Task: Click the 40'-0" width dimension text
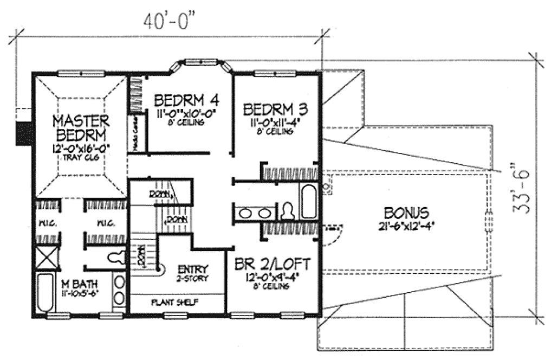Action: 168,21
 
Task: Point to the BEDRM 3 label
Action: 275,109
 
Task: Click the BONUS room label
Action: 406,212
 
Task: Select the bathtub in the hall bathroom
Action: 308,201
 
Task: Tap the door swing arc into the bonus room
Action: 333,235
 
